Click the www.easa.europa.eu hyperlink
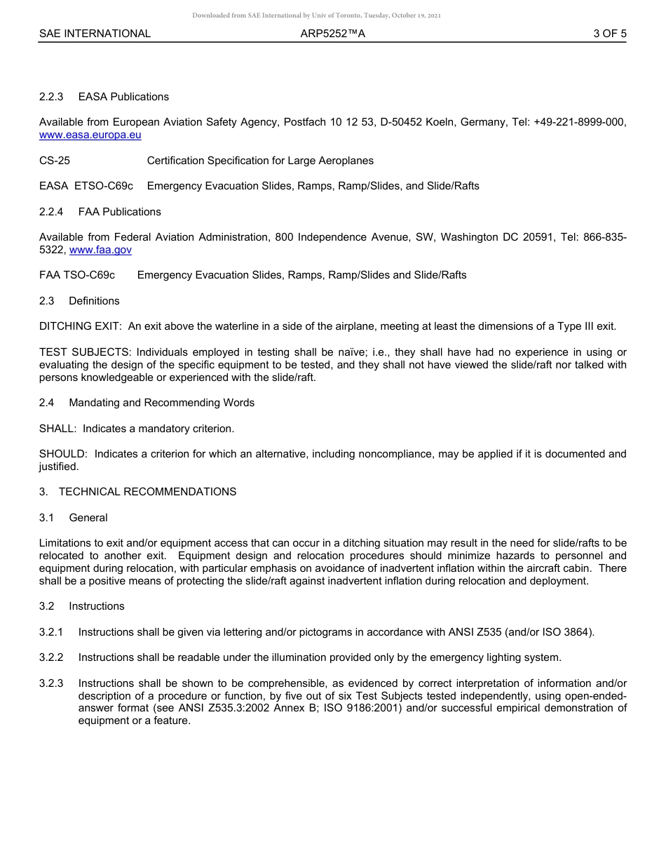(90, 135)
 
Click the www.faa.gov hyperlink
(100, 250)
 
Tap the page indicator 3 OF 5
(609, 33)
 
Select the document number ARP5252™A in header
(332, 33)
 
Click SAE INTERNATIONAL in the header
(95, 33)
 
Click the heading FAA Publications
(119, 212)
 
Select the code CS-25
(55, 161)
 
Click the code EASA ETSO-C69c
(86, 186)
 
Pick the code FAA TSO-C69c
(77, 275)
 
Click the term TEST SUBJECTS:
(85, 352)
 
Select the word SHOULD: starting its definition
(63, 454)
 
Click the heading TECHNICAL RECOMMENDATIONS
(147, 492)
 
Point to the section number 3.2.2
(51, 657)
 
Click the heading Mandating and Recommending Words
(161, 403)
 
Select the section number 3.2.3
(51, 683)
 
